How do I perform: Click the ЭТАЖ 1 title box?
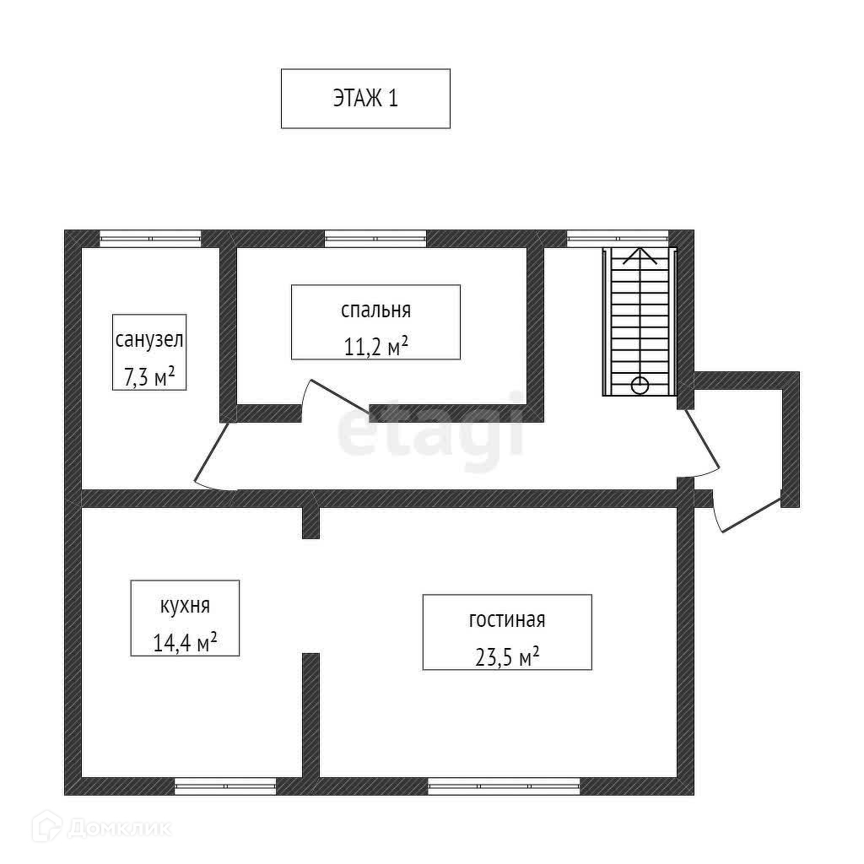pyautogui.click(x=365, y=99)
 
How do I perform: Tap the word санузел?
pyautogui.click(x=149, y=341)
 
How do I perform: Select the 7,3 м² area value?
pyautogui.click(x=149, y=376)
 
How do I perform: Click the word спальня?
pyautogui.click(x=375, y=310)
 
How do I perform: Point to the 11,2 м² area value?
pyautogui.click(x=375, y=346)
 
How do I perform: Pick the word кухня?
pyautogui.click(x=185, y=606)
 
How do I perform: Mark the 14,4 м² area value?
pyautogui.click(x=185, y=643)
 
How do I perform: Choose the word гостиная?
pyautogui.click(x=506, y=620)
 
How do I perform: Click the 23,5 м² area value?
pyautogui.click(x=506, y=656)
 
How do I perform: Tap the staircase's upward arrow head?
pyautogui.click(x=640, y=253)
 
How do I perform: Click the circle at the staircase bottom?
pyautogui.click(x=640, y=386)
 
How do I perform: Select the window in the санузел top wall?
pyautogui.click(x=150, y=238)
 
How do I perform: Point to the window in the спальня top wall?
pyautogui.click(x=375, y=238)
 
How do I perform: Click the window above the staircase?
pyautogui.click(x=618, y=238)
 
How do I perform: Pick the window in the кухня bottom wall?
pyautogui.click(x=225, y=786)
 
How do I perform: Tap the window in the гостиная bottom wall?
pyautogui.click(x=504, y=786)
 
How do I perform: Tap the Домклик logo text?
pyautogui.click(x=118, y=828)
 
